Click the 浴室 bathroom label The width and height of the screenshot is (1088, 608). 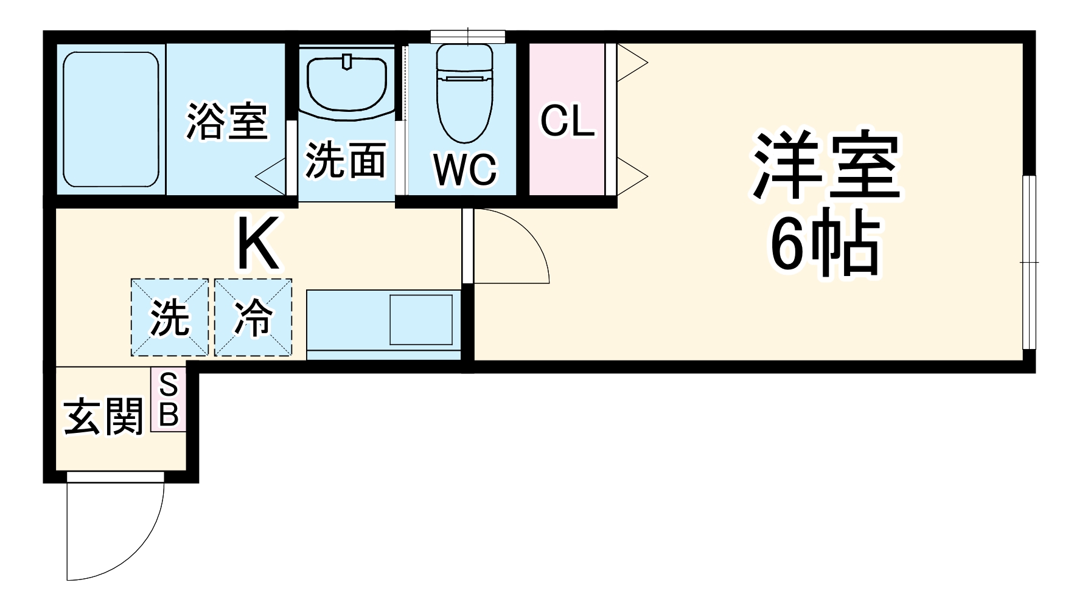(x=226, y=121)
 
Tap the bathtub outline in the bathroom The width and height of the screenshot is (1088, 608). (x=111, y=120)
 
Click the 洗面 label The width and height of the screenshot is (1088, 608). (x=345, y=161)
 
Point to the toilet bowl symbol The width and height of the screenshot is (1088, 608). (x=465, y=91)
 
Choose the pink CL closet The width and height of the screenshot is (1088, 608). (x=567, y=120)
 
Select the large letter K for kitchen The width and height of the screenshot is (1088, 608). (x=258, y=244)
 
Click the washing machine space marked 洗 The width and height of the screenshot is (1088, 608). (x=170, y=317)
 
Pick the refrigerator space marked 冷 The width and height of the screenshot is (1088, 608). (x=253, y=317)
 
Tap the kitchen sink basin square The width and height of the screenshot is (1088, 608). (x=421, y=320)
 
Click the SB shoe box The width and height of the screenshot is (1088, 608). (x=169, y=401)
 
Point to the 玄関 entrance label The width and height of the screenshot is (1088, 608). (x=103, y=416)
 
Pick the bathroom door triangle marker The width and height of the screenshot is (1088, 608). (x=271, y=176)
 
